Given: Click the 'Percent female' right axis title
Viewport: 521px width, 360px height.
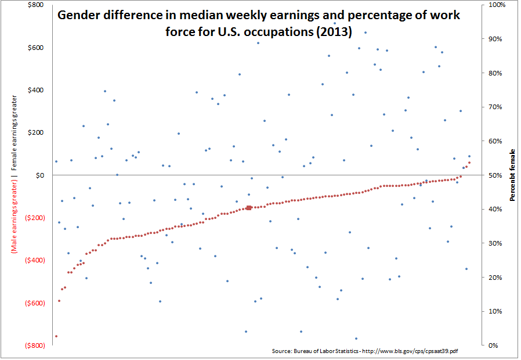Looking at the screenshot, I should pyautogui.click(x=512, y=175).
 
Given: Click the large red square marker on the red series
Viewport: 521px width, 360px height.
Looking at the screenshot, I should pyautogui.click(x=249, y=207).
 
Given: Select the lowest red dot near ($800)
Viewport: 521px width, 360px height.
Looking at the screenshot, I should pyautogui.click(x=56, y=336).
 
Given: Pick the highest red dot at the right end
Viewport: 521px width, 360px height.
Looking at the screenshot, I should pyautogui.click(x=469, y=163).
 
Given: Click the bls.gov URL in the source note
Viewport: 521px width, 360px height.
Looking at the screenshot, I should pyautogui.click(x=410, y=351).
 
